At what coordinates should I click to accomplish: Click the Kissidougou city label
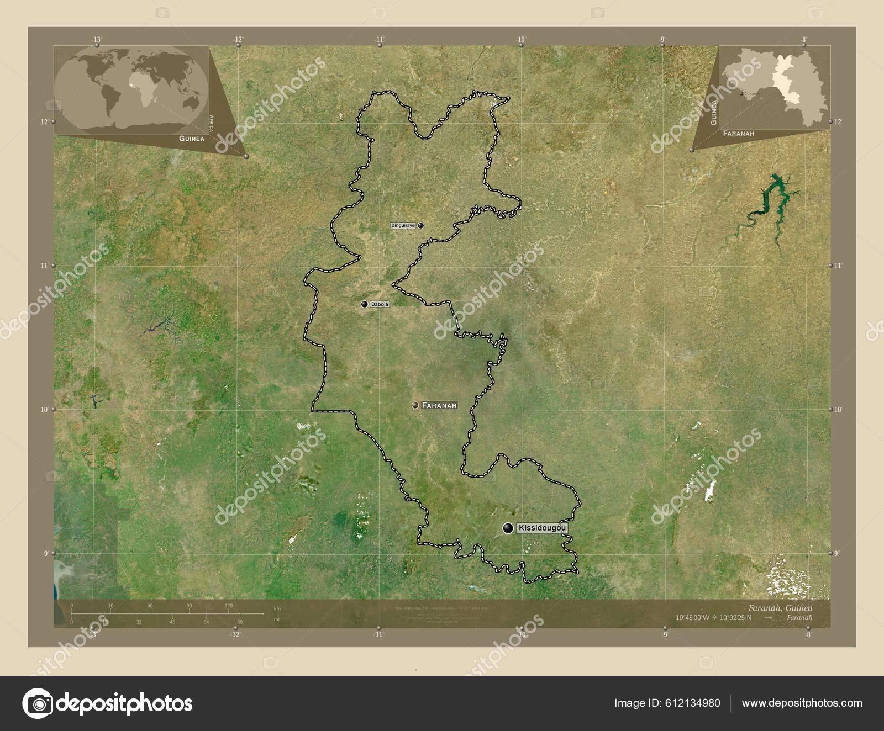(542, 528)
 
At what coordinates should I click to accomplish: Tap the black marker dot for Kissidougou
(508, 528)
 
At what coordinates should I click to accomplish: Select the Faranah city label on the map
(439, 405)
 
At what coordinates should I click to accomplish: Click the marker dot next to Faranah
(415, 405)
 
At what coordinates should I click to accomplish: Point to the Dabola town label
(380, 304)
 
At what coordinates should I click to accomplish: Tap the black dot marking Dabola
(365, 304)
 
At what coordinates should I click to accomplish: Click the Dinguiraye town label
(403, 225)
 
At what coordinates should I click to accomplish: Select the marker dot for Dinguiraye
(421, 225)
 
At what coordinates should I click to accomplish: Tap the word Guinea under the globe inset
(191, 139)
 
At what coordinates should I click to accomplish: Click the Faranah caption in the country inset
(739, 134)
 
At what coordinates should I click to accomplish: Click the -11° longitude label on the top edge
(379, 39)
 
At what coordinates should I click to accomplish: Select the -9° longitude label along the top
(662, 39)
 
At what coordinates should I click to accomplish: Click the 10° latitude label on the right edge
(838, 410)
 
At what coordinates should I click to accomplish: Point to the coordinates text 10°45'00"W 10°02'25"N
(713, 617)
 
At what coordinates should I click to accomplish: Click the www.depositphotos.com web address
(802, 703)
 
